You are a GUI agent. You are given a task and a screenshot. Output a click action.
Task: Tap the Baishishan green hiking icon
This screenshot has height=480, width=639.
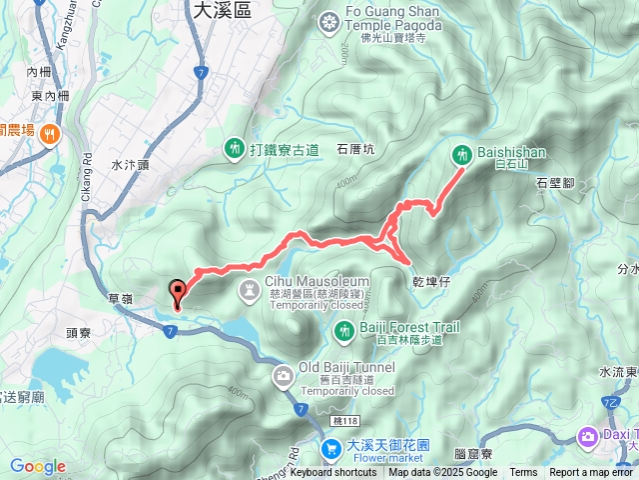462,154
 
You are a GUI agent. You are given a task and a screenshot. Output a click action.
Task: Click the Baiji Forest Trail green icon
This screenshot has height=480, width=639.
343,329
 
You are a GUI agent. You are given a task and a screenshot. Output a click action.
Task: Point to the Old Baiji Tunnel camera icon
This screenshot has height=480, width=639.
283,375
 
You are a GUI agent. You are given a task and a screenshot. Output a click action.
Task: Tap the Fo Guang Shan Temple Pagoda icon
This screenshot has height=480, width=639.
330,22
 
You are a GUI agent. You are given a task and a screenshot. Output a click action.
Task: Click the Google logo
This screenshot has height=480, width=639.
38,466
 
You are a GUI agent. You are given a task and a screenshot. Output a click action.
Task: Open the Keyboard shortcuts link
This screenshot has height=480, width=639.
333,473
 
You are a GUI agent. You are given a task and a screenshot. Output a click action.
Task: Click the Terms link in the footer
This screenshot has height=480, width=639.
523,473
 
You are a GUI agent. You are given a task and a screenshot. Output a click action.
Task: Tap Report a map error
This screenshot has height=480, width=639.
592,473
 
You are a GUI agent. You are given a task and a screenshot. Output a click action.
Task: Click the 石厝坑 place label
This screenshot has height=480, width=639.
355,150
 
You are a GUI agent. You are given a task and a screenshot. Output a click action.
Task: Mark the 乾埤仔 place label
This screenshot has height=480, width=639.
431,282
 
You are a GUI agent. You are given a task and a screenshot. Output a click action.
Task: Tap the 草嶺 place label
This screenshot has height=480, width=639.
121,298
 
